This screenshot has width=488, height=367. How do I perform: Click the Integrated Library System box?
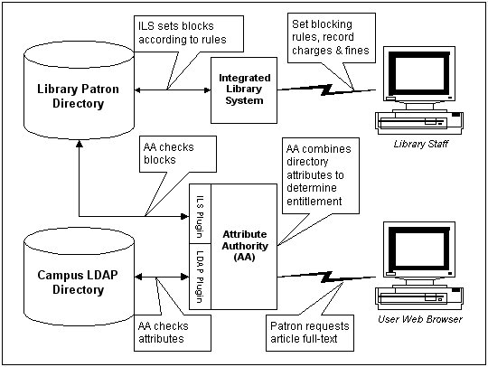pyautogui.click(x=244, y=90)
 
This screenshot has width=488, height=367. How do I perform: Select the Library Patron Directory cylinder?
pyautogui.click(x=79, y=90)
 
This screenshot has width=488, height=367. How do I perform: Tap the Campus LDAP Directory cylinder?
pyautogui.click(x=79, y=277)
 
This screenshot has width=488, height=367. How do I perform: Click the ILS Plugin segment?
pyautogui.click(x=200, y=213)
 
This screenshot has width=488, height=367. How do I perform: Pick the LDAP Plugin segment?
pyautogui.click(x=200, y=277)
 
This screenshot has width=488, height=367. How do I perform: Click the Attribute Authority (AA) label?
pyautogui.click(x=245, y=246)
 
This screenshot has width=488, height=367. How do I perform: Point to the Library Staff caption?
pyautogui.click(x=420, y=144)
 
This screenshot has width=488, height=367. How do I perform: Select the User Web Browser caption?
pyautogui.click(x=420, y=319)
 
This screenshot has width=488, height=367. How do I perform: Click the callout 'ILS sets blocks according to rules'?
pyautogui.click(x=189, y=33)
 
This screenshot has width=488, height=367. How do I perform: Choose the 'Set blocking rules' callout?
pyautogui.click(x=331, y=38)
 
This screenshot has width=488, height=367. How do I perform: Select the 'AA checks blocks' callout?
pyautogui.click(x=178, y=154)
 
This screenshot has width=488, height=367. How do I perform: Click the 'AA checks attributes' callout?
pyautogui.click(x=173, y=333)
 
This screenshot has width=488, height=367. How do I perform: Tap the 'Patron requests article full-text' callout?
pyautogui.click(x=310, y=333)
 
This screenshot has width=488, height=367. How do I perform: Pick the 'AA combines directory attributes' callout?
pyautogui.click(x=321, y=176)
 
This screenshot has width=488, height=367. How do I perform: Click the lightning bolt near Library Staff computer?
pyautogui.click(x=326, y=89)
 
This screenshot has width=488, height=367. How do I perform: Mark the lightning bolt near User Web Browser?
pyautogui.click(x=326, y=277)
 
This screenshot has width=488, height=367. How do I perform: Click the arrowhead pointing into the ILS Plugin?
pyautogui.click(x=185, y=216)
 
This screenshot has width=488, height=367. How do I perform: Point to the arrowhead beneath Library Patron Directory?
pyautogui.click(x=80, y=144)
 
